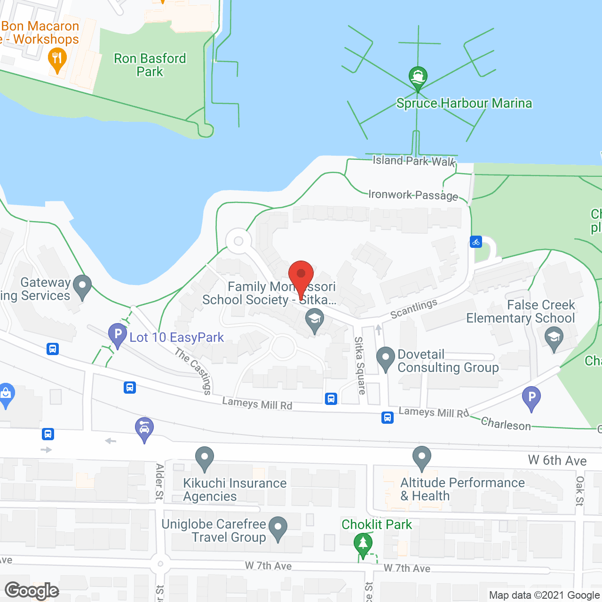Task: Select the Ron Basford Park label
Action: pos(150,65)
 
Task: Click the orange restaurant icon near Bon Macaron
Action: pos(57,60)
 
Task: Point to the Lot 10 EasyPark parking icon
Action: pos(117,335)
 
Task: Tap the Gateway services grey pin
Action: pos(83,286)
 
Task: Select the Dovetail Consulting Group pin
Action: pos(386,358)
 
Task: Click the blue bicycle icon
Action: pos(476,242)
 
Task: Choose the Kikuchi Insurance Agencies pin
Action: pos(205,458)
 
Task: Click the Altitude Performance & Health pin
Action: pos(422,458)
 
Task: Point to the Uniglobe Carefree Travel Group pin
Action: pos(278,528)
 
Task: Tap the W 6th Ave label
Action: pos(557,460)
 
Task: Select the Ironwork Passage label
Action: pos(413,195)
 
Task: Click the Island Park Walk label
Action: pos(414,161)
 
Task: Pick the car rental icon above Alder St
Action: pos(144,428)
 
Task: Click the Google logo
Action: pos(32,591)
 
